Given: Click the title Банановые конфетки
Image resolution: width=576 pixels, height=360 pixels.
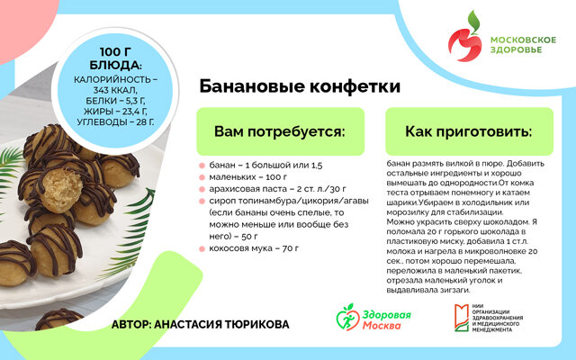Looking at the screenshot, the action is [x=300, y=86].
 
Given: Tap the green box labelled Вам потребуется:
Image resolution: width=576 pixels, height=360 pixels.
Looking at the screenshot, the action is [x=280, y=131].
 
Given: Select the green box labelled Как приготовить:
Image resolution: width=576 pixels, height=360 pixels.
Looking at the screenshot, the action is [x=469, y=131].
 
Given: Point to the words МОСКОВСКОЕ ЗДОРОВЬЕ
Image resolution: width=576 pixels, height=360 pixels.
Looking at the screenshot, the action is [x=523, y=44].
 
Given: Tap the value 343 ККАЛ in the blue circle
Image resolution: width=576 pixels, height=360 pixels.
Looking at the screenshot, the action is [x=115, y=90].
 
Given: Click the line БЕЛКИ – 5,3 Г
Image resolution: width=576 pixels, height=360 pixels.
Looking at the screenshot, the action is [x=115, y=101].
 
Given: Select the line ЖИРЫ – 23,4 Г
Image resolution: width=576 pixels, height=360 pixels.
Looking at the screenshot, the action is [x=115, y=112].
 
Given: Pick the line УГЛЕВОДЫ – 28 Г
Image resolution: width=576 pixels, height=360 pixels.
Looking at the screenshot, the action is [x=115, y=122].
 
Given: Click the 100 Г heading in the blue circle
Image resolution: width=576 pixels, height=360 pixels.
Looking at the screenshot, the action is [x=115, y=52].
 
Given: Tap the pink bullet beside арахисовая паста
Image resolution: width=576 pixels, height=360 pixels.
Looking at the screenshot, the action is [x=202, y=190].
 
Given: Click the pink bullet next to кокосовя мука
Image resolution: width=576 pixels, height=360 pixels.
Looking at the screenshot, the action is [x=202, y=249].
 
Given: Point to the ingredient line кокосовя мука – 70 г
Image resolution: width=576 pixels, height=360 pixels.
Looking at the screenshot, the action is [x=254, y=248].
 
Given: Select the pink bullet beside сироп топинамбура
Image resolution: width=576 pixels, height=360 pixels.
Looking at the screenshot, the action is [x=202, y=202].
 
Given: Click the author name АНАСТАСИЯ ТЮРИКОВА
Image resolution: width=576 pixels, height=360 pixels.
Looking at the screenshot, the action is [x=221, y=324].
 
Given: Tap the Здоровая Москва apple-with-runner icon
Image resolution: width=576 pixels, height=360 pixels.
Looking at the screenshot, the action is [x=347, y=317].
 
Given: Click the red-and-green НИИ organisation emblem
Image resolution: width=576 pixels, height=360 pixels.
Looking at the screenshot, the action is [x=462, y=318].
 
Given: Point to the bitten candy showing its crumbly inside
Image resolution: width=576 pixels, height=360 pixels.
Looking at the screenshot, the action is [x=61, y=189].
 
